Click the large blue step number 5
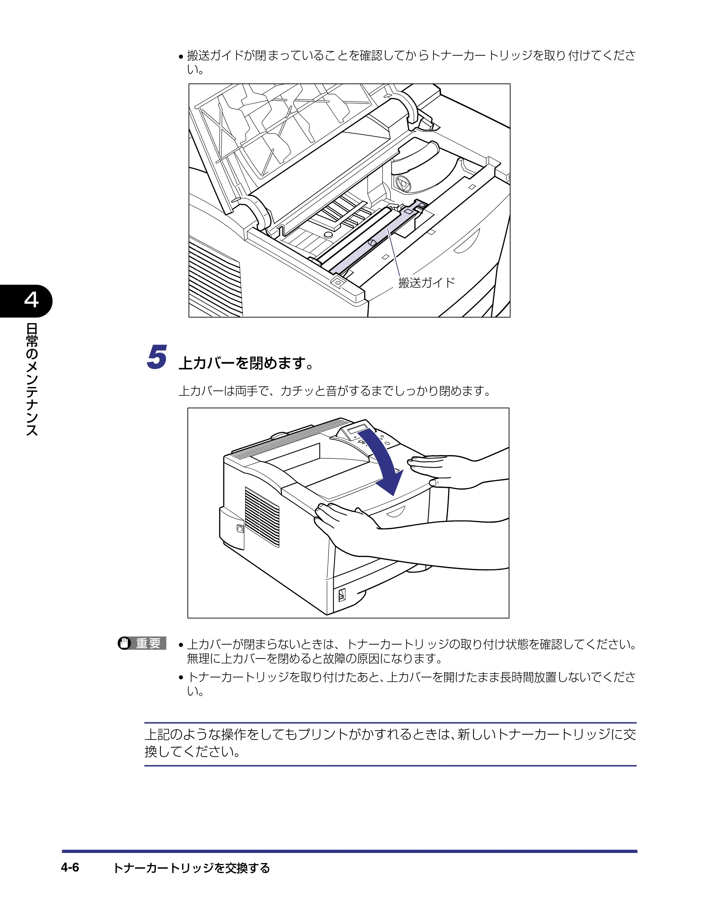pyautogui.click(x=157, y=357)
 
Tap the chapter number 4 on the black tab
pyautogui.click(x=31, y=300)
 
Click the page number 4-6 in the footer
pyautogui.click(x=70, y=868)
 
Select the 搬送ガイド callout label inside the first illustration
pyautogui.click(x=426, y=282)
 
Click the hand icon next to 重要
pyautogui.click(x=125, y=644)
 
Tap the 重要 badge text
pyautogui.click(x=149, y=644)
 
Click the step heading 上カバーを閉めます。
pyautogui.click(x=246, y=363)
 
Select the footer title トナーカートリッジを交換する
pyautogui.click(x=192, y=868)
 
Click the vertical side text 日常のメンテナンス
pyautogui.click(x=32, y=379)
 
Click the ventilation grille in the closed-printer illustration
pyautogui.click(x=262, y=517)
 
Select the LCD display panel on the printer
pyautogui.click(x=357, y=430)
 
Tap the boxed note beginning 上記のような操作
pyautogui.click(x=390, y=743)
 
